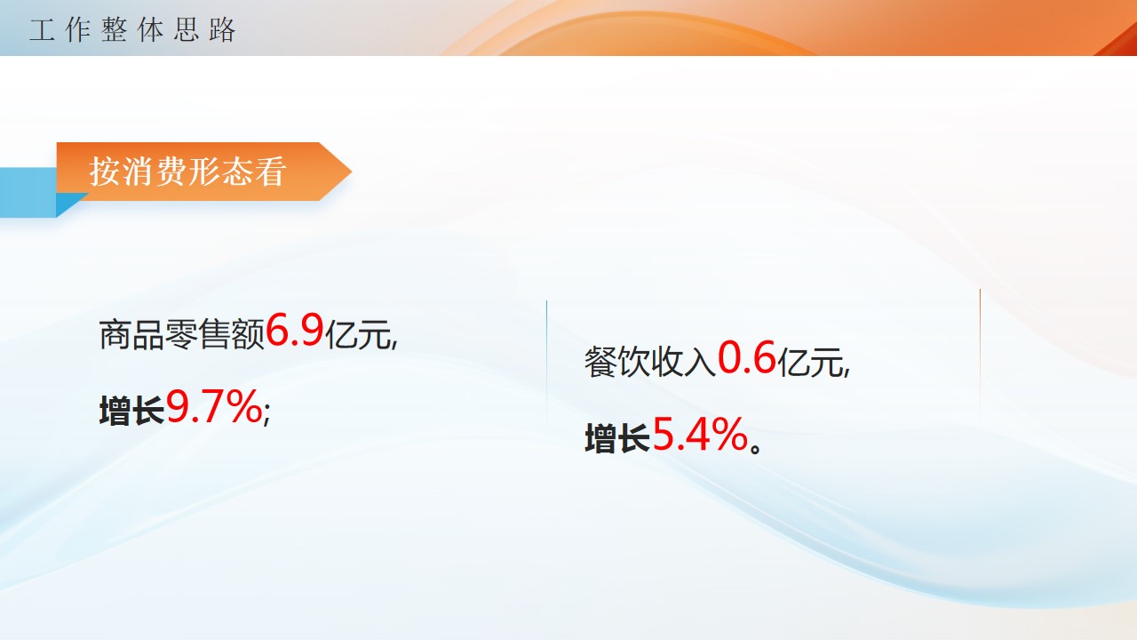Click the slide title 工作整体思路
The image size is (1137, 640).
tap(132, 30)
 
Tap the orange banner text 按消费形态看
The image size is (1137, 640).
tap(187, 172)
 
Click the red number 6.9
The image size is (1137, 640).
tap(294, 330)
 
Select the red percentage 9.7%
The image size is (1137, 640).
tap(214, 406)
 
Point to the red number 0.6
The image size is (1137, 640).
tap(747, 357)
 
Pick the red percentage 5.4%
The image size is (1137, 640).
tap(700, 435)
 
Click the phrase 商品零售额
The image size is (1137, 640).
tap(182, 335)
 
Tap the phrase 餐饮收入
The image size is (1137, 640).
tap(650, 362)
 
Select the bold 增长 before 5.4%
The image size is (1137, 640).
tap(617, 438)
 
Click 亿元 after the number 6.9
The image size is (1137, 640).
tap(358, 335)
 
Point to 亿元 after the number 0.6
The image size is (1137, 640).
tap(811, 362)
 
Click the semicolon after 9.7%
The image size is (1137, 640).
tap(267, 415)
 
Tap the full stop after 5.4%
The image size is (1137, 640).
tap(756, 447)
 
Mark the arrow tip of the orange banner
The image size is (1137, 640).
tap(351, 172)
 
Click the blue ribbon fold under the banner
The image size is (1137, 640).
tap(72, 204)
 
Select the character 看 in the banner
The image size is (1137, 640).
tap(271, 172)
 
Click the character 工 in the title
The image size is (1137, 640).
tap(42, 30)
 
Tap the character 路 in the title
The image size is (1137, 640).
tap(222, 30)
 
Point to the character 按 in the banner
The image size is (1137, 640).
tap(105, 172)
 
